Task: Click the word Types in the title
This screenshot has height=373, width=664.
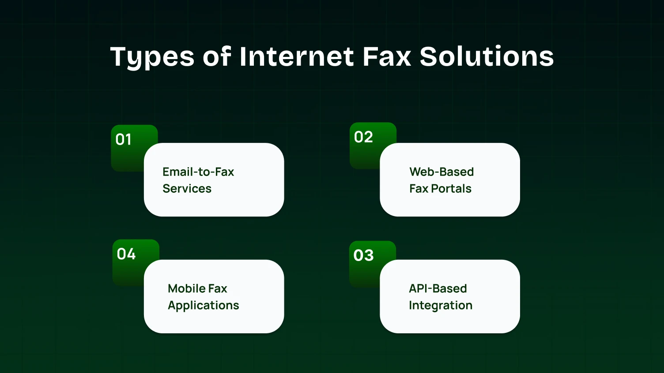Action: pyautogui.click(x=152, y=57)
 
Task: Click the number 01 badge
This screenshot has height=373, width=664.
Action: pyautogui.click(x=124, y=139)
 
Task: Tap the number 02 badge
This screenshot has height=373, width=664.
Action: pyautogui.click(x=363, y=137)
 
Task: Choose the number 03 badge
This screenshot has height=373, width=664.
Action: pyautogui.click(x=363, y=255)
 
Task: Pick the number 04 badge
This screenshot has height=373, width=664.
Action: pyautogui.click(x=126, y=254)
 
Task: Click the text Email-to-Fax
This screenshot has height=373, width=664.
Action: pyautogui.click(x=198, y=172)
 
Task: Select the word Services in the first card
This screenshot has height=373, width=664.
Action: pyautogui.click(x=187, y=189)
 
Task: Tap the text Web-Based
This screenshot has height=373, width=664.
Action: pyautogui.click(x=441, y=172)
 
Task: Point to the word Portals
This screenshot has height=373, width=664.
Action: pyautogui.click(x=451, y=189)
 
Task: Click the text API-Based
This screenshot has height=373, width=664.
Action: pyautogui.click(x=438, y=289)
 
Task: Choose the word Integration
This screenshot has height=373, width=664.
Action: pyautogui.click(x=440, y=306)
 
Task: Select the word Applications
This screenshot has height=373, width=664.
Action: pyautogui.click(x=203, y=306)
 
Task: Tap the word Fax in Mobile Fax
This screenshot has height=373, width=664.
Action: pyautogui.click(x=218, y=289)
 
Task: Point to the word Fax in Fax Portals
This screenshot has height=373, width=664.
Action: pyautogui.click(x=419, y=189)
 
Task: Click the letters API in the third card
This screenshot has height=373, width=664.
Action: pyautogui.click(x=417, y=289)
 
